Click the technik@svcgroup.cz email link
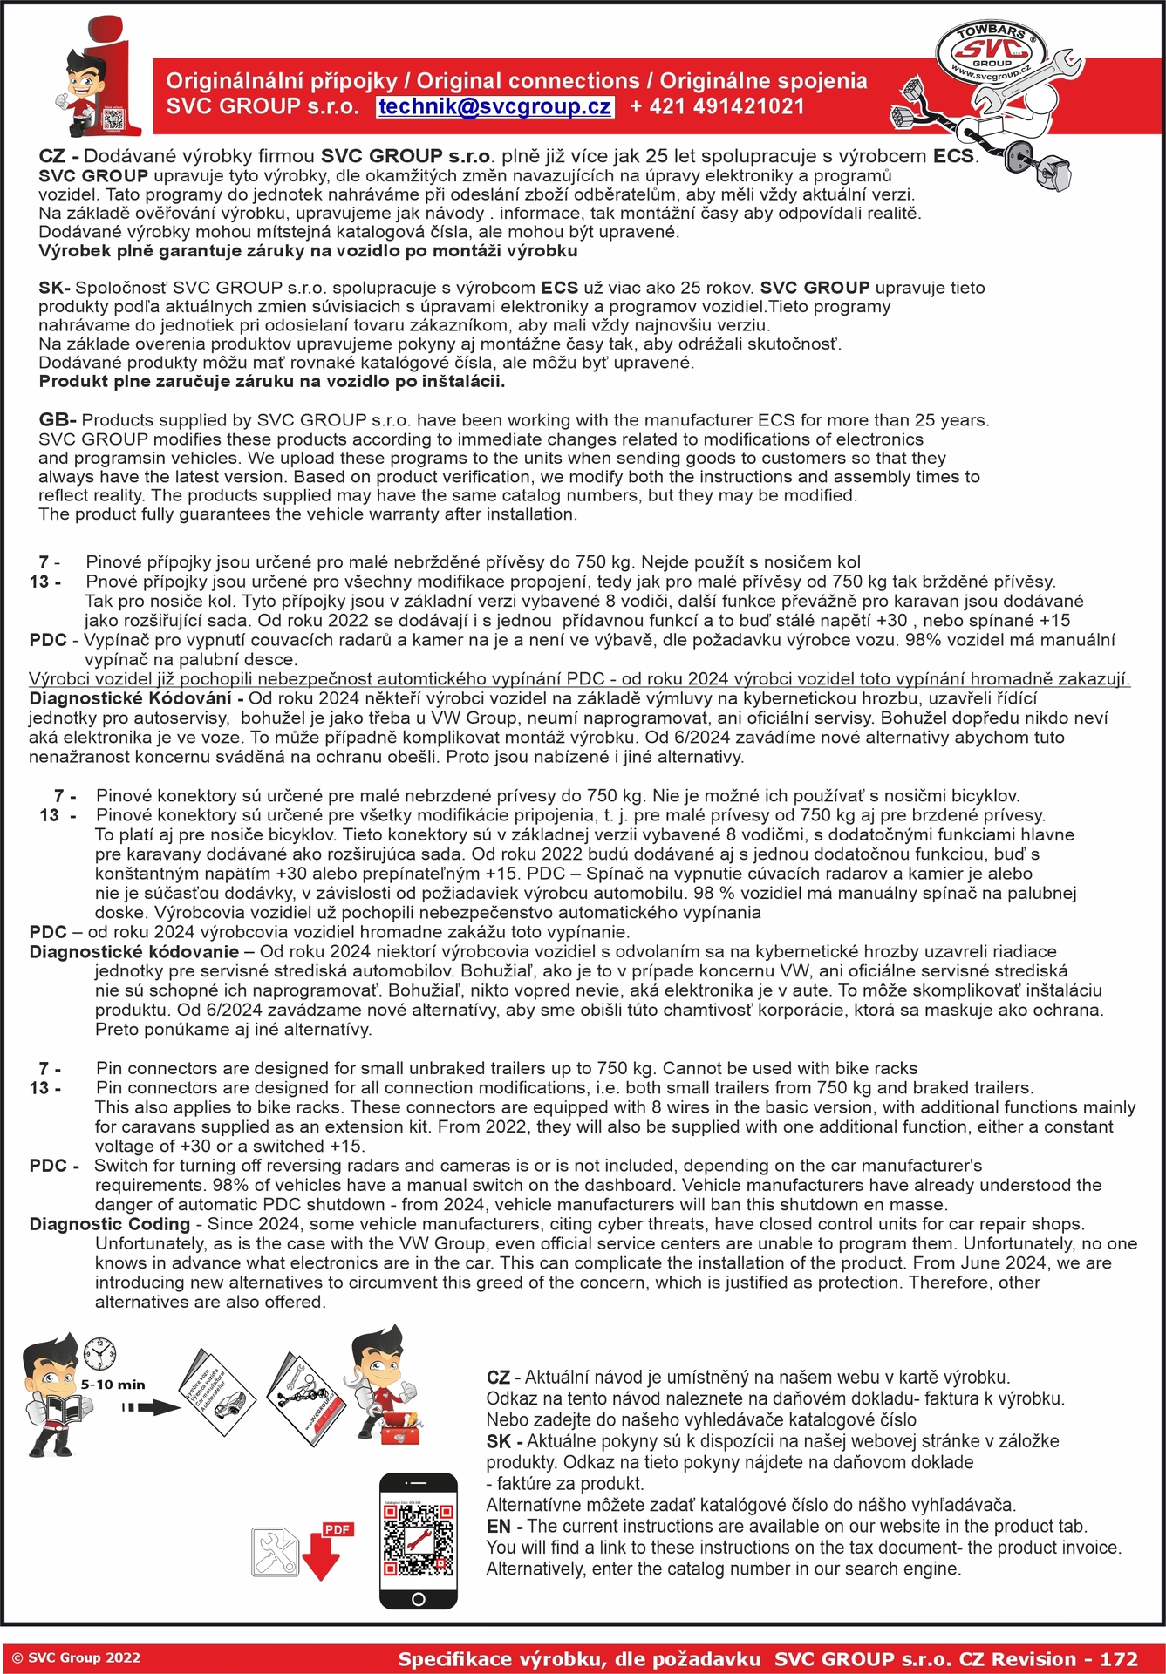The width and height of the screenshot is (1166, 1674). (x=494, y=107)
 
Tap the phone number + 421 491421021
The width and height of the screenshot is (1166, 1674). (x=717, y=107)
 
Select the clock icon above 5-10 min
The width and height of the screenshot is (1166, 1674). (x=99, y=1355)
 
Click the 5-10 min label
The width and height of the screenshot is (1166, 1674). (x=113, y=1384)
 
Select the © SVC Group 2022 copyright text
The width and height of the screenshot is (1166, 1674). (x=76, y=1658)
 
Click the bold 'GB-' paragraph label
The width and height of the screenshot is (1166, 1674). (x=58, y=420)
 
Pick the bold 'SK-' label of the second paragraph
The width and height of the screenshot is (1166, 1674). (x=54, y=288)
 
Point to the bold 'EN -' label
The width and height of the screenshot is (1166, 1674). (x=505, y=1526)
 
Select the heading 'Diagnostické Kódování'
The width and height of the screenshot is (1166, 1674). (x=135, y=698)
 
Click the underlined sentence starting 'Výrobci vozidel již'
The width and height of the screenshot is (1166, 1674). (x=579, y=679)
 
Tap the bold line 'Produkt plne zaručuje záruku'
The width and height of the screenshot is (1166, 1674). (x=271, y=382)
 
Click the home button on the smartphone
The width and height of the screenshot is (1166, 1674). (x=418, y=1599)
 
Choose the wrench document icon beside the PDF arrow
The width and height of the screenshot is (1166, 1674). (x=275, y=1553)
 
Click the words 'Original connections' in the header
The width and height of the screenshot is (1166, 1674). (x=528, y=81)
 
